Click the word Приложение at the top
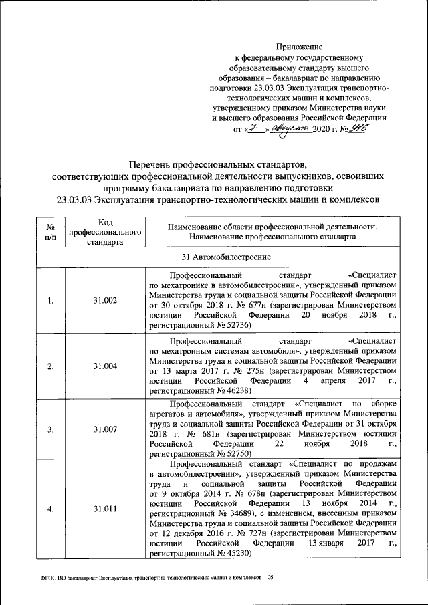pyautogui.click(x=300, y=47)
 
